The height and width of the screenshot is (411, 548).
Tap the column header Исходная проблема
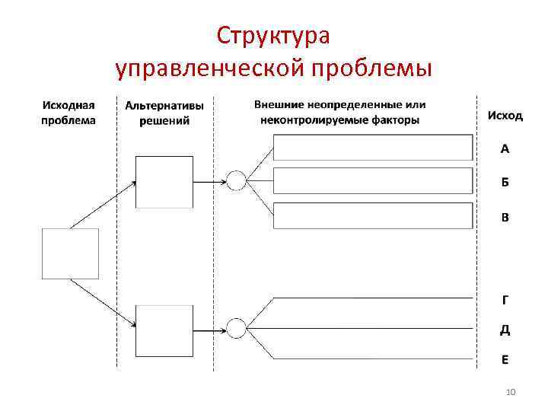point(68,113)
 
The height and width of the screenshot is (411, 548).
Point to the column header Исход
point(505,116)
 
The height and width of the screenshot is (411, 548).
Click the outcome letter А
point(505,149)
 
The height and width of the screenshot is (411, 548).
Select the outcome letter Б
point(505,183)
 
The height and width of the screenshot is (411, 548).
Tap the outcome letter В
point(505,217)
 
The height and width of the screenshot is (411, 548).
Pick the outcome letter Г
point(505,300)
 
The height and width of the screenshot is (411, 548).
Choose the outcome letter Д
point(505,330)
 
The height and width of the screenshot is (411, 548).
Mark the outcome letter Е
point(505,358)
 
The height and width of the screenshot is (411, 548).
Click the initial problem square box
point(70,253)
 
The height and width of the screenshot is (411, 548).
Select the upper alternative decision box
point(164,182)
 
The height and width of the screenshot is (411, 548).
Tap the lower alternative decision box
point(164,329)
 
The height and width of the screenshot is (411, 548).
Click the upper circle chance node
point(236,182)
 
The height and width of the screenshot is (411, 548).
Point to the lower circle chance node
point(236,329)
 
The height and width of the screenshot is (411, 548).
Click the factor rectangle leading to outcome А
point(373,148)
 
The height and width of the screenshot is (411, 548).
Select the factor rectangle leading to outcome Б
point(373,181)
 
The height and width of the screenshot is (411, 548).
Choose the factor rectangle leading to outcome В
point(373,216)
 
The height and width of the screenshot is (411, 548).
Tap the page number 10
point(511,392)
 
